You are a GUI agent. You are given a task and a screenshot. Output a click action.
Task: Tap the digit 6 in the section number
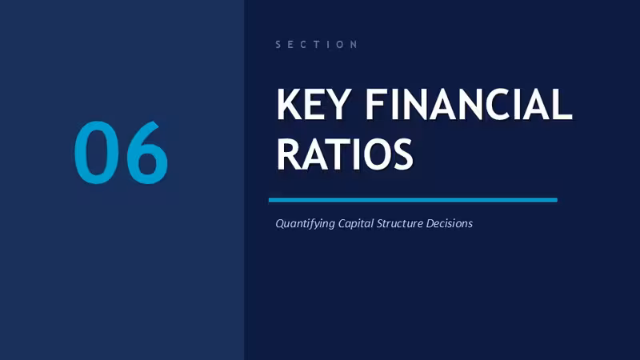(147, 152)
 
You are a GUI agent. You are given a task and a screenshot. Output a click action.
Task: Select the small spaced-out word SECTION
(316, 44)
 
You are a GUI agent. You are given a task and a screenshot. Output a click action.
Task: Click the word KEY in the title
(314, 104)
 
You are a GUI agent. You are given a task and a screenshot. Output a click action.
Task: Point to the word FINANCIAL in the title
(469, 104)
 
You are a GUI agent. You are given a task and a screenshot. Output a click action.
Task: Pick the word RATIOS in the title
(345, 154)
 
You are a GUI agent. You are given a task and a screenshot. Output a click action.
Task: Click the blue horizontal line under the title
(413, 200)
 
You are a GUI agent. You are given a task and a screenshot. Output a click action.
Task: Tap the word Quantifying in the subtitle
(305, 224)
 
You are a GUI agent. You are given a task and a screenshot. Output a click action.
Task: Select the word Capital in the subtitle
(355, 224)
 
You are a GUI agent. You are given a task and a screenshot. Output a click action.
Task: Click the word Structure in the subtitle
(399, 223)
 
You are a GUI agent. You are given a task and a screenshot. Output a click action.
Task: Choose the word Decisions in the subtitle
(450, 223)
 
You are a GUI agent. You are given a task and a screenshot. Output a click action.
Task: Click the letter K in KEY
(289, 104)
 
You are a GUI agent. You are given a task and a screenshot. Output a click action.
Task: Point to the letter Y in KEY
(338, 104)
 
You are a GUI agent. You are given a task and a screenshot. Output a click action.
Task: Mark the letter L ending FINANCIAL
(564, 104)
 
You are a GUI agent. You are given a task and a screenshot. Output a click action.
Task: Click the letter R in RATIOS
(289, 154)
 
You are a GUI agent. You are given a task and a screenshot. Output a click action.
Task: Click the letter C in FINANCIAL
(497, 104)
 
